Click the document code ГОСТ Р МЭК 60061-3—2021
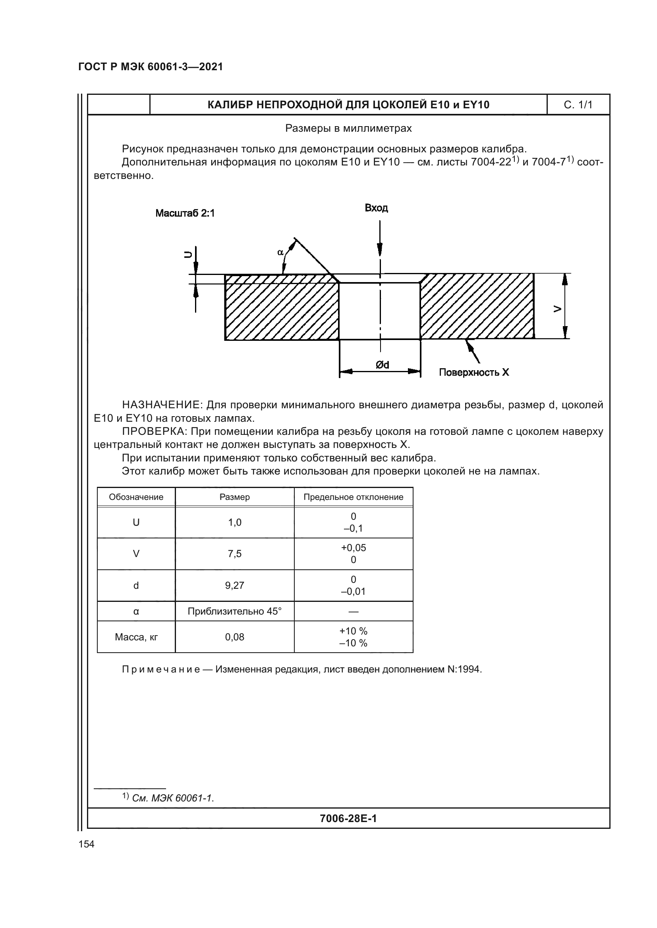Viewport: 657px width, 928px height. pos(151,67)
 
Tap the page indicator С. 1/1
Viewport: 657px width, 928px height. pos(578,105)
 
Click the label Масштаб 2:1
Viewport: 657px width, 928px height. pos(185,213)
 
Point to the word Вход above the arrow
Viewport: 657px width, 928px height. pos(376,208)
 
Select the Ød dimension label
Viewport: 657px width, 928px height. pos(382,365)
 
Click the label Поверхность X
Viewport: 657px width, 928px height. pos(474,372)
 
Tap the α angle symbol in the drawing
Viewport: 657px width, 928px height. pos(280,253)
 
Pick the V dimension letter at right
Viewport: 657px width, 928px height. pos(557,309)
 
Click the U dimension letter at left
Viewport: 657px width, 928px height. pos(188,255)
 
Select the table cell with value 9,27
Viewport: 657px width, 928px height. pos(235,586)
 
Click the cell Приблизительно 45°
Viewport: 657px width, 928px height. pos(235,611)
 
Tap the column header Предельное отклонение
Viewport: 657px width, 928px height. pos(353,497)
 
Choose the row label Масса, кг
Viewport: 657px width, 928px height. pos(136,637)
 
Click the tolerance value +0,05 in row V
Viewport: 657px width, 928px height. pos(353,548)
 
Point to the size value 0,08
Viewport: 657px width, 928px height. pos(235,637)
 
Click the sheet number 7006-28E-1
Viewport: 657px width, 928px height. pos(348,818)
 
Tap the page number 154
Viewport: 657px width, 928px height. pos(86,844)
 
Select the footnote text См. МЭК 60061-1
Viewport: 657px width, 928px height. pos(173,798)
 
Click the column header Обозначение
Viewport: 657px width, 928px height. pos(136,497)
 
